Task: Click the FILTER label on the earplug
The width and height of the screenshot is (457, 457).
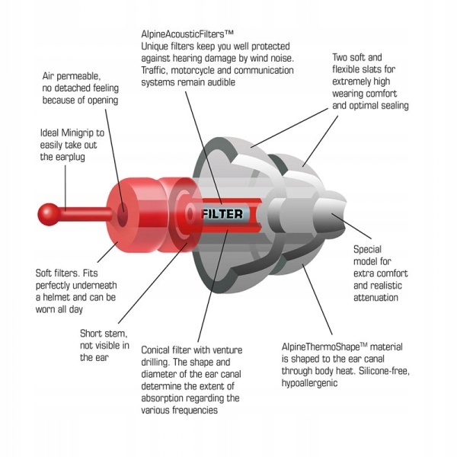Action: (222, 214)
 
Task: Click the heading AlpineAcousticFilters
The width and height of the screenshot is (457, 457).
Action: (187, 34)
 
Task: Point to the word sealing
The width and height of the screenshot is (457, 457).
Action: (391, 106)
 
